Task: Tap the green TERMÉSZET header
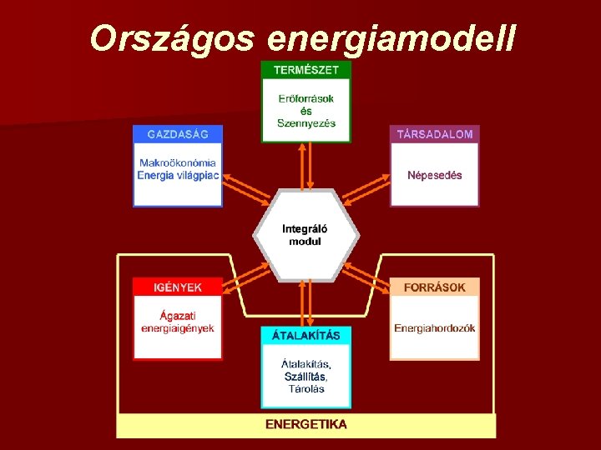306,71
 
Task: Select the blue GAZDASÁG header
178,134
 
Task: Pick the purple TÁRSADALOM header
434,134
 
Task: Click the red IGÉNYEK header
178,287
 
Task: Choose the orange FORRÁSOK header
434,287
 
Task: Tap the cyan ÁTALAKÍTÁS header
306,336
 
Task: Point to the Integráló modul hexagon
306,235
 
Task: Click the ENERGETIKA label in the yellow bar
306,424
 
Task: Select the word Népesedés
434,176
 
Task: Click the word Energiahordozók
434,328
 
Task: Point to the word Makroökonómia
178,162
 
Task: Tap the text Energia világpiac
178,175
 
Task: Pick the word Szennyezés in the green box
306,123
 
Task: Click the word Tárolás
306,389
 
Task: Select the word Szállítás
306,377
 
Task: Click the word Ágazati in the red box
178,315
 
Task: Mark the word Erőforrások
306,98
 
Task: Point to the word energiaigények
178,328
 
